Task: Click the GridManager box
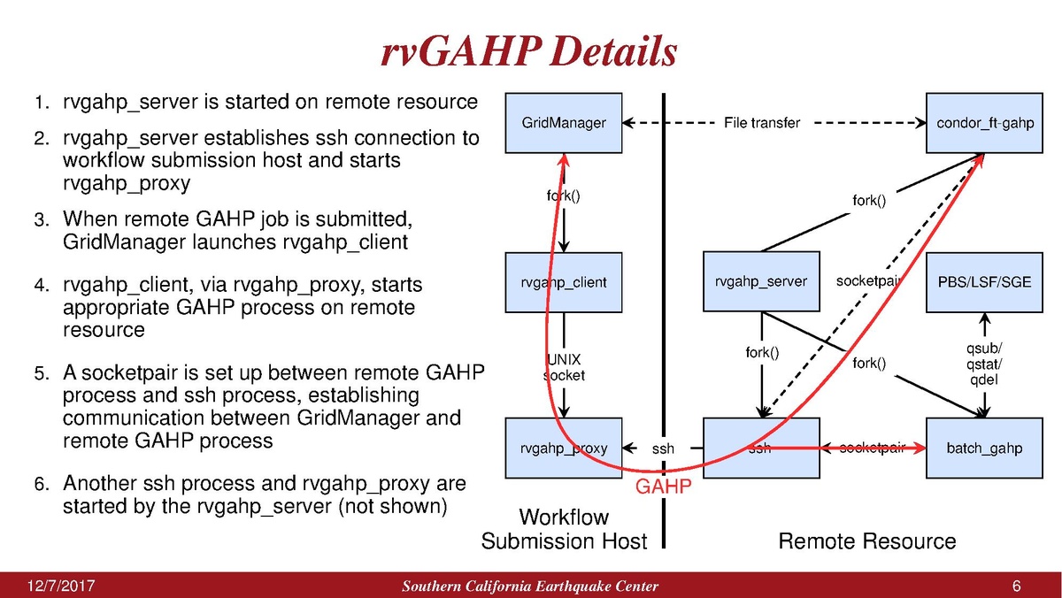click(564, 123)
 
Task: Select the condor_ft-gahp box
click(985, 123)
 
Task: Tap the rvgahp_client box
click(564, 282)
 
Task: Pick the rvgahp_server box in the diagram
click(761, 282)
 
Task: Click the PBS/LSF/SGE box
click(985, 282)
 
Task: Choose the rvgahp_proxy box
click(564, 448)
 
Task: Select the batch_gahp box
click(985, 448)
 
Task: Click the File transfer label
click(761, 123)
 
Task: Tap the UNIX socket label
click(564, 367)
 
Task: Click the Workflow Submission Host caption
click(564, 528)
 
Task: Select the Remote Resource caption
click(866, 540)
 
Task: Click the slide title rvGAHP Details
click(528, 52)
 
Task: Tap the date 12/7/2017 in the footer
click(62, 586)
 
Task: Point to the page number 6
click(1016, 586)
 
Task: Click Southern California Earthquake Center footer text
click(530, 587)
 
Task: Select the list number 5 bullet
click(40, 375)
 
